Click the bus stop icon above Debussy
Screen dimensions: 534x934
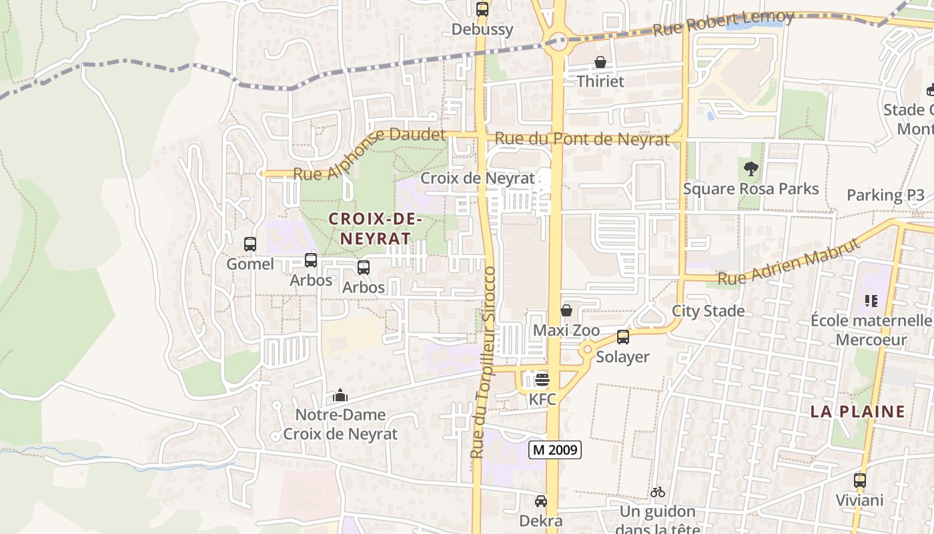click(x=482, y=9)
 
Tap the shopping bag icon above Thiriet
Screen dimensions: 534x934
click(x=600, y=62)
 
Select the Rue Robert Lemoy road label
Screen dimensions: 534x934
click(x=723, y=24)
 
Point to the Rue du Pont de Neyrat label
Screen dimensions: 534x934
click(x=582, y=140)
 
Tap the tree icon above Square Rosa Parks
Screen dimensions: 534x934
click(x=751, y=169)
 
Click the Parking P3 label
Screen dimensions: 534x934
click(x=885, y=196)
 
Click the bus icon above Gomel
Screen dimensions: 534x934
click(x=250, y=244)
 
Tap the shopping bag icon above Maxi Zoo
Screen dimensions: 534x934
click(x=566, y=310)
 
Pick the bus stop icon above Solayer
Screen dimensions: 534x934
click(x=622, y=337)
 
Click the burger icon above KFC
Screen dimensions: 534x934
click(x=542, y=380)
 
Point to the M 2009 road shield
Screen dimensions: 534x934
click(x=555, y=450)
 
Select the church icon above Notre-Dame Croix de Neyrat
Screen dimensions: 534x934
click(x=340, y=395)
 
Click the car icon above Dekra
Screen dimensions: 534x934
click(x=541, y=501)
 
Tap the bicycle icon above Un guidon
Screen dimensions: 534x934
click(x=658, y=493)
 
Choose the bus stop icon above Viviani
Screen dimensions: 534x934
click(x=860, y=481)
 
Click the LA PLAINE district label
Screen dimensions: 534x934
click(x=857, y=411)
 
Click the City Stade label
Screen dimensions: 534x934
click(x=708, y=311)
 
